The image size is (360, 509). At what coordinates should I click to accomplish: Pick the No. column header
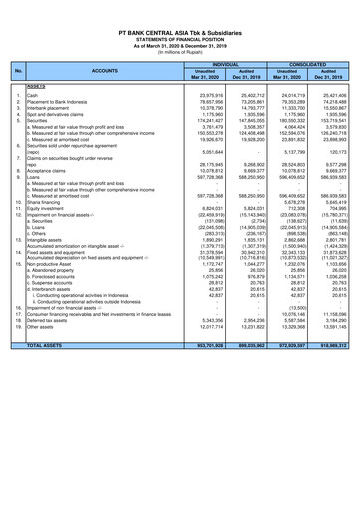[x=19, y=70]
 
